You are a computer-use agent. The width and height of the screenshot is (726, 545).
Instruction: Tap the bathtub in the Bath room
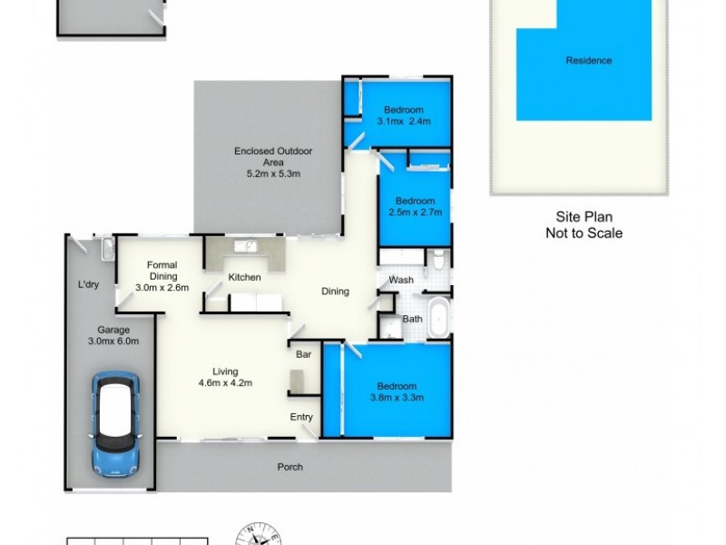438,319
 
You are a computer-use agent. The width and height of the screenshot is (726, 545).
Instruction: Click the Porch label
290,468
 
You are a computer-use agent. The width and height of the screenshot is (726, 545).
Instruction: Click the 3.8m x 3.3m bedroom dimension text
397,397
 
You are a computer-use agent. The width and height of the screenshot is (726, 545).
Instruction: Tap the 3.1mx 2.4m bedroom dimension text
403,121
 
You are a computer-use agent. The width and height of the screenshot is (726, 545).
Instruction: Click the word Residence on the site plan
589,61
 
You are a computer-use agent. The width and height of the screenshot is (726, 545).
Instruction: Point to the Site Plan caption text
584,217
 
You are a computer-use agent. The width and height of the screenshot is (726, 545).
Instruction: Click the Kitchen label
244,277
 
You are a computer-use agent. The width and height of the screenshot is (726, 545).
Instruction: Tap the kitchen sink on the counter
244,246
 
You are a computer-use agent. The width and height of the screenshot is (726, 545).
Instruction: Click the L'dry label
88,285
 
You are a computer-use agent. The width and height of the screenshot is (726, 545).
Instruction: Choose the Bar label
303,355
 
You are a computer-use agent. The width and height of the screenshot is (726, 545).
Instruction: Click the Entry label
301,417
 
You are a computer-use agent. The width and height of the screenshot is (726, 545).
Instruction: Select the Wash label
401,280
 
